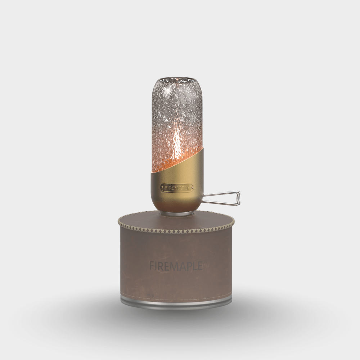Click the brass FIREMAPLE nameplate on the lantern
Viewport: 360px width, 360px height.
[x=177, y=188]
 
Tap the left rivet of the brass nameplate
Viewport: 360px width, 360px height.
[x=162, y=188]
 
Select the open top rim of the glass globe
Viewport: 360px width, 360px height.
[x=176, y=80]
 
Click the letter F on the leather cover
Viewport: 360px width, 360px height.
[x=152, y=266]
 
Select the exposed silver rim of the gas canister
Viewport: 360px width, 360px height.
[x=176, y=302]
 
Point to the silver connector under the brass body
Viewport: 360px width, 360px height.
[x=176, y=214]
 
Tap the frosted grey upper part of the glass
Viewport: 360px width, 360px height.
[x=176, y=101]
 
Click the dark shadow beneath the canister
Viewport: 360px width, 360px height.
[x=176, y=317]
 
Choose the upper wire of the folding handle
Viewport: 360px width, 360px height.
[x=220, y=193]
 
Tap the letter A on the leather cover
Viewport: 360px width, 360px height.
[x=183, y=266]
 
